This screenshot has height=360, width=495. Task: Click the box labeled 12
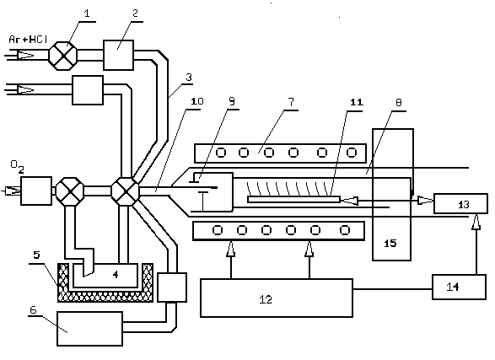pyautogui.click(x=277, y=298)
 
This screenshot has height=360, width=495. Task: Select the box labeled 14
pyautogui.click(x=459, y=287)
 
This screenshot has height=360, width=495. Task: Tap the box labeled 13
pyautogui.click(x=461, y=204)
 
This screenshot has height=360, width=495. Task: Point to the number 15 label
pyautogui.click(x=390, y=243)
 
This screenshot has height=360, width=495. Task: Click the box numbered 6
pyautogui.click(x=89, y=329)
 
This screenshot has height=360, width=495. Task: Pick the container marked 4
pyautogui.click(x=105, y=276)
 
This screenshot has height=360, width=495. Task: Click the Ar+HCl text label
pyautogui.click(x=28, y=40)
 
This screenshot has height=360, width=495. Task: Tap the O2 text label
pyautogui.click(x=17, y=167)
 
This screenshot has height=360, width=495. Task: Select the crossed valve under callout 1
pyautogui.click(x=63, y=56)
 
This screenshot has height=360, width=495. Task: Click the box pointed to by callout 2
pyautogui.click(x=118, y=55)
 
